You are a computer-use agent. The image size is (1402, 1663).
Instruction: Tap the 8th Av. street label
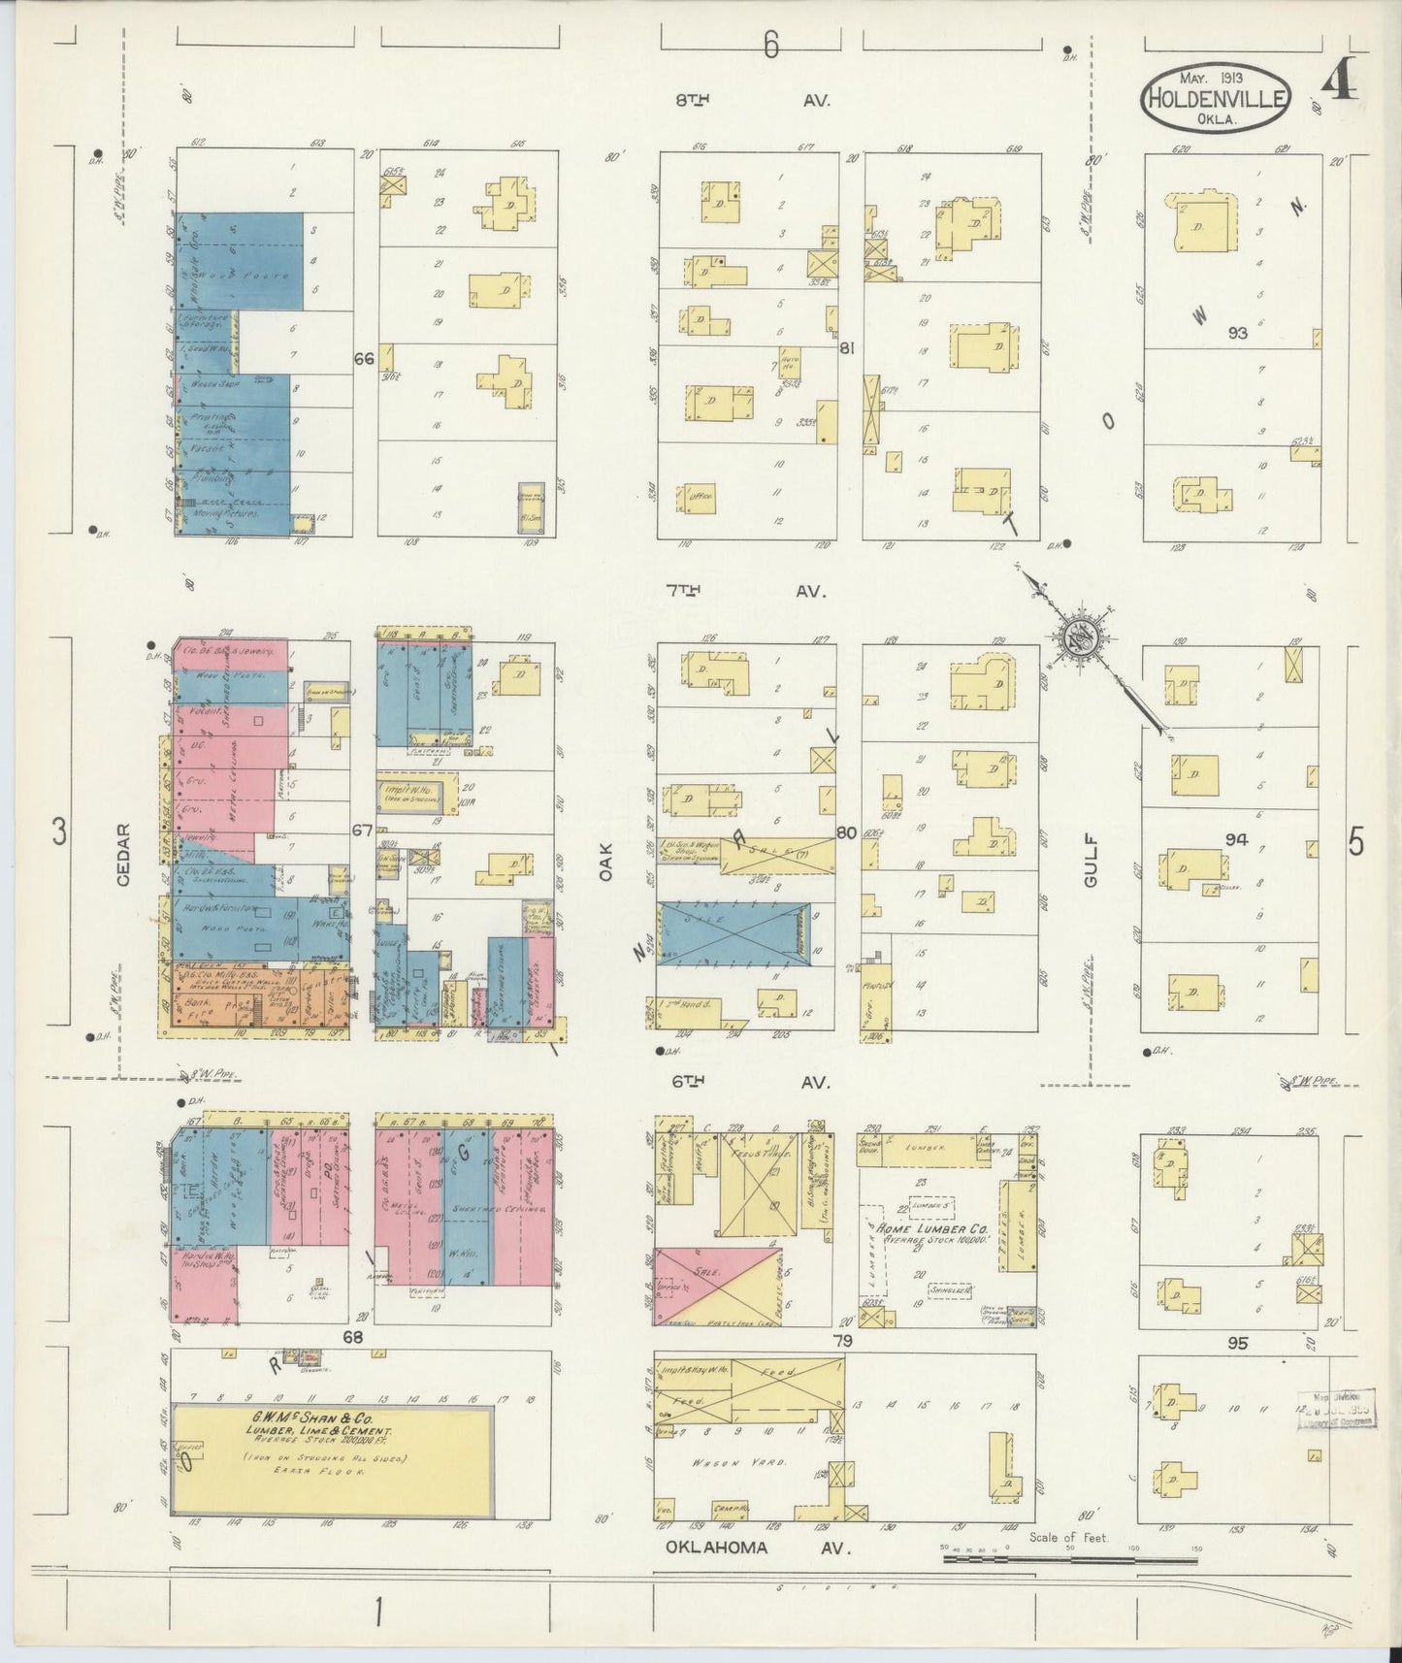[x=754, y=100]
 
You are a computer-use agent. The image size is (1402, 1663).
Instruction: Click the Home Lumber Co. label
[x=931, y=1234]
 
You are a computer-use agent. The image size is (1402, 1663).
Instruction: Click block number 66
[x=364, y=359]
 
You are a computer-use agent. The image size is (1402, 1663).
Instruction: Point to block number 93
[x=1237, y=333]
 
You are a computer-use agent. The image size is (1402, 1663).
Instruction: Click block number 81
[x=847, y=348]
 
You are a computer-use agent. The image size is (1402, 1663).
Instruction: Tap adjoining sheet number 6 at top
[x=770, y=47]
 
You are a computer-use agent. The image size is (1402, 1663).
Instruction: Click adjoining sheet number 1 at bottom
[x=378, y=1612]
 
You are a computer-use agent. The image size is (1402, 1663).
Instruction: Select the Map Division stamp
[x=1336, y=1409]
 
